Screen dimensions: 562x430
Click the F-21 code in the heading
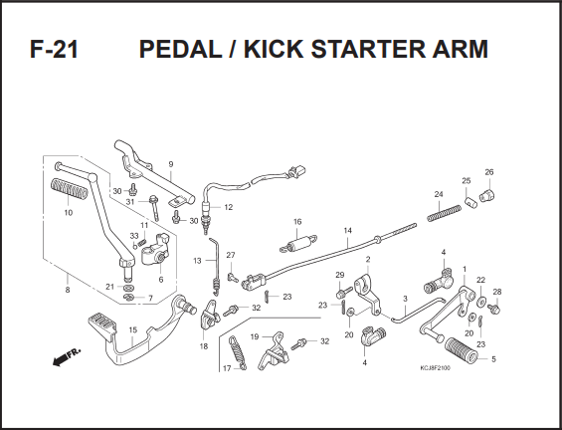pyautogui.click(x=54, y=49)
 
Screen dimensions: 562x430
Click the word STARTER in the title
pyautogui.click(x=368, y=49)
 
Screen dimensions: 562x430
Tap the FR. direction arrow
pyautogui.click(x=67, y=356)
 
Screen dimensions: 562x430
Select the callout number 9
pyautogui.click(x=171, y=164)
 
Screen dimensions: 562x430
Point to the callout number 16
pyautogui.click(x=297, y=222)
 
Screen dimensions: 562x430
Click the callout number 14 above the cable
pyautogui.click(x=348, y=230)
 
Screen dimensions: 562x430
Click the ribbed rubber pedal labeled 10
pyautogui.click(x=70, y=189)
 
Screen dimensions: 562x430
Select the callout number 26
pyautogui.click(x=489, y=172)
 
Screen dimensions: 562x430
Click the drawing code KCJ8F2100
pyautogui.click(x=436, y=368)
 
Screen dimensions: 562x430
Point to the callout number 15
pyautogui.click(x=133, y=329)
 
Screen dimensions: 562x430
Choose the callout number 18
pyautogui.click(x=204, y=346)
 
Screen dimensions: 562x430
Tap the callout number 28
pyautogui.click(x=497, y=292)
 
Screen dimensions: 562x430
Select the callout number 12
pyautogui.click(x=229, y=207)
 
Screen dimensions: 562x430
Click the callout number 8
pyautogui.click(x=68, y=290)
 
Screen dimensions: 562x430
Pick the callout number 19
pyautogui.click(x=254, y=336)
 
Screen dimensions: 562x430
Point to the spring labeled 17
pyautogui.click(x=238, y=353)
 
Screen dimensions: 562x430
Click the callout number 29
pyautogui.click(x=340, y=275)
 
